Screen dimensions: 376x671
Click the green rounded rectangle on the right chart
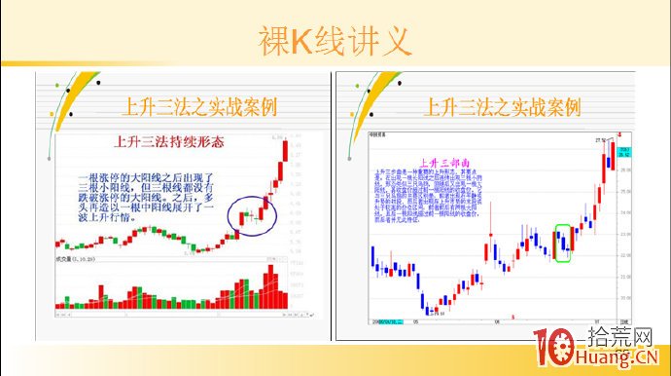(x=564, y=243)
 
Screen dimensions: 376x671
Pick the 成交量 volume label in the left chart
(x=70, y=261)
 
